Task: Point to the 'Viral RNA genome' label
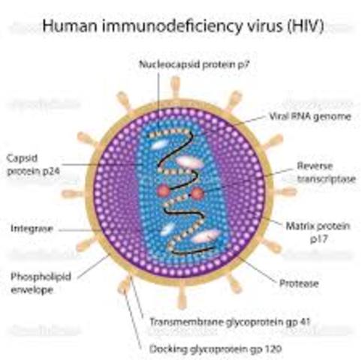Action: point(304,118)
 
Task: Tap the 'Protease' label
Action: point(298,283)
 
